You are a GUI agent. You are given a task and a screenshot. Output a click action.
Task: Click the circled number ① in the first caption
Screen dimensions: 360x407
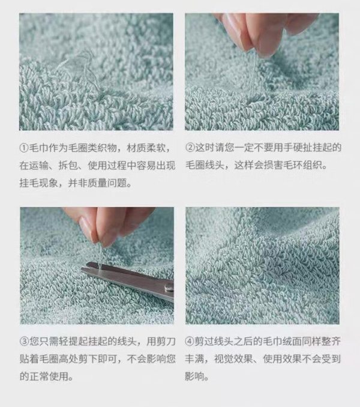click(x=23, y=148)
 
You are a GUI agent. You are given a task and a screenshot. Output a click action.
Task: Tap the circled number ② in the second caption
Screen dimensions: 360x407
click(x=190, y=148)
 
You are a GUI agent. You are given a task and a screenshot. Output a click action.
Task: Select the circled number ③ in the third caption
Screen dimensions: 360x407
click(x=24, y=342)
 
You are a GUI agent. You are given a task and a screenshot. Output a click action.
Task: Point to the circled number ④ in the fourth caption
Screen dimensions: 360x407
click(x=190, y=342)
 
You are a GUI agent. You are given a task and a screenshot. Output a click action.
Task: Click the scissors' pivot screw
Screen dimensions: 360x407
click(x=169, y=286)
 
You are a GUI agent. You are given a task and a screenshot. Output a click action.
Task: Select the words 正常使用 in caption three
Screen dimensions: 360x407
click(x=49, y=376)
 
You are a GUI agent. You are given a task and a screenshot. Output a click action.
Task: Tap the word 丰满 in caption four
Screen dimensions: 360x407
click(x=195, y=359)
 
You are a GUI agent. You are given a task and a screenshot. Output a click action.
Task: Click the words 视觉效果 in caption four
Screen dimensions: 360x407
click(x=233, y=359)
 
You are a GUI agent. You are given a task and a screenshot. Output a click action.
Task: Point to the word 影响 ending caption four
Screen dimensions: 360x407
click(x=194, y=376)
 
